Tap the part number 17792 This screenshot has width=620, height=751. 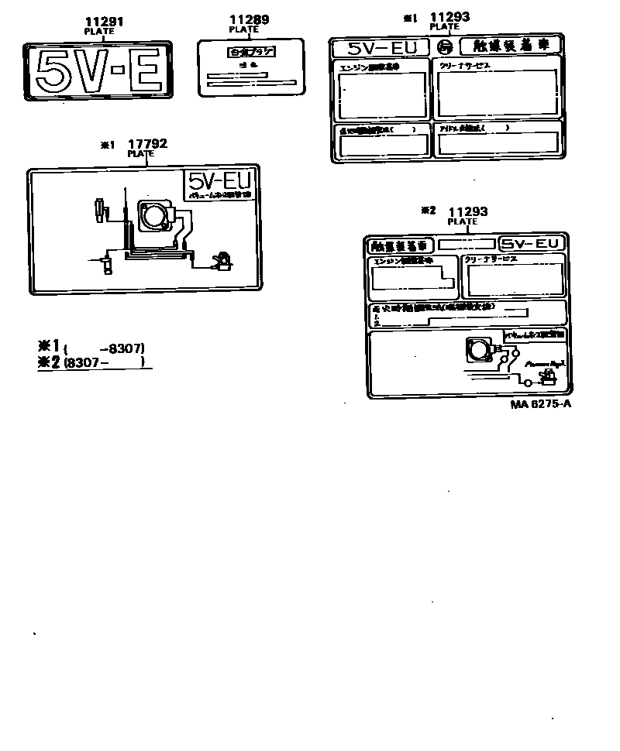coord(147,143)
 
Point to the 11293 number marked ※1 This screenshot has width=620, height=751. coord(450,16)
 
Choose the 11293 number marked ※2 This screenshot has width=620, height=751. coord(468,211)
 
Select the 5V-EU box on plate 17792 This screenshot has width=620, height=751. coord(219,182)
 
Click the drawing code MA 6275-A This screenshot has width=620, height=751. coord(541,405)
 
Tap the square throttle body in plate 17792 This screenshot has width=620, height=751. coord(155,214)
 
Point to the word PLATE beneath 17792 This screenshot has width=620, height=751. coord(141,153)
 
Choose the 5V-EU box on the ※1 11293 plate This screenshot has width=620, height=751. coord(380,48)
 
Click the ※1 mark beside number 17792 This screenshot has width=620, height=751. coord(107,144)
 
